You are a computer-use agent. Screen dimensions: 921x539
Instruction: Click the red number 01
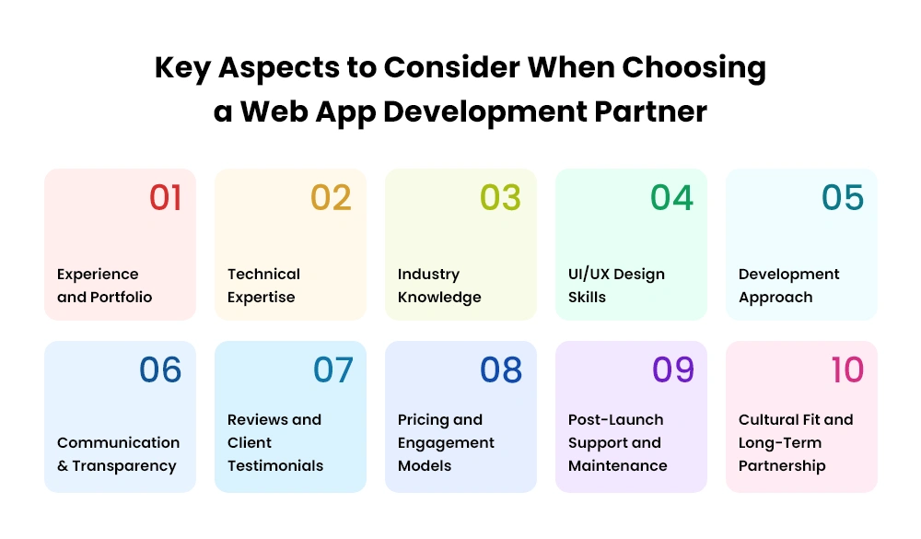tap(165, 197)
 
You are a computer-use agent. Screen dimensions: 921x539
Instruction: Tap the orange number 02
tap(331, 197)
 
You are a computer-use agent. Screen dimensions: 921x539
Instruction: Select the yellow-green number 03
tap(500, 197)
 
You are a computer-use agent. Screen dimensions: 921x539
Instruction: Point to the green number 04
tap(672, 197)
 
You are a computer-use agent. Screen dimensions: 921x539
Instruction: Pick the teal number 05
tap(843, 197)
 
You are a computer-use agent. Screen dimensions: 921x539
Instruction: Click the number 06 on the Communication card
tap(160, 369)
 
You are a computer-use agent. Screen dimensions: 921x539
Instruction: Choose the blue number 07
tap(333, 369)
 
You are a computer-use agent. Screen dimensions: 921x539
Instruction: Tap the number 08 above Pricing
tap(501, 369)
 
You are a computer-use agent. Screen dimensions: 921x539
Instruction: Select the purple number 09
tap(673, 369)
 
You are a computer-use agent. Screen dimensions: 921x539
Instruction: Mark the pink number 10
tap(847, 369)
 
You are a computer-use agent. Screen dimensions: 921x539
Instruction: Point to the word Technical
tap(263, 274)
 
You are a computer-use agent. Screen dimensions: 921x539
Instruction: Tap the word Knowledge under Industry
tap(439, 298)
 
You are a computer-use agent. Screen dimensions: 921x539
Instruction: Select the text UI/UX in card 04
tap(589, 274)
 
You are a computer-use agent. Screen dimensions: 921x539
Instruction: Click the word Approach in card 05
tap(775, 298)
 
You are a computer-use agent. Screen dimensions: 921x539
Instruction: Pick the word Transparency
tap(124, 466)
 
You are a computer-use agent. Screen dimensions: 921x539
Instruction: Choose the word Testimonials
tap(275, 465)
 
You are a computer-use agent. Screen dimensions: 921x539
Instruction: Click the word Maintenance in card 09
tap(617, 465)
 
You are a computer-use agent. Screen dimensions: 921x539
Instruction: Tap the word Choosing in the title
tap(694, 68)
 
